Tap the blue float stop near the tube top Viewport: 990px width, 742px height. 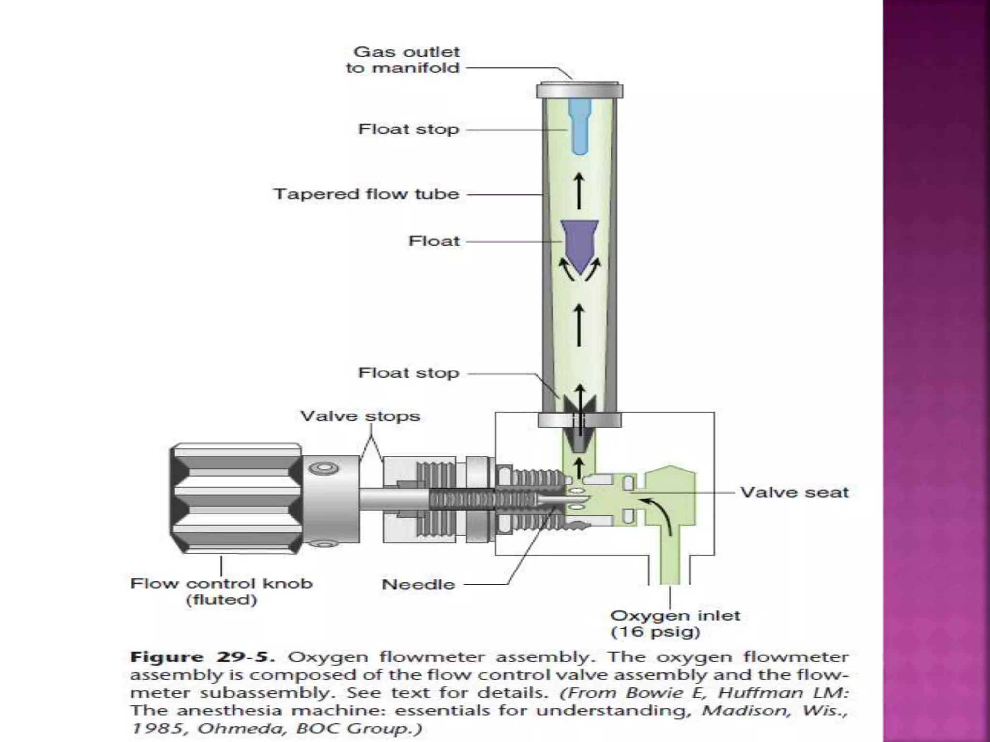[x=579, y=127]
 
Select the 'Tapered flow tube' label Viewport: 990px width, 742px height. [x=366, y=194]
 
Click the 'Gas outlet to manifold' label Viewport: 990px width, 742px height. [x=402, y=60]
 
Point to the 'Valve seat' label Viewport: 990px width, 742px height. [x=794, y=492]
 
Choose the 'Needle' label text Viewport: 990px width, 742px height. [x=419, y=585]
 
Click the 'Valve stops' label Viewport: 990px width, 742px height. [x=360, y=416]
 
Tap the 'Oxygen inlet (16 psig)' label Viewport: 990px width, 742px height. [x=675, y=624]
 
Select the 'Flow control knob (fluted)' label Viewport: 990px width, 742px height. [x=221, y=591]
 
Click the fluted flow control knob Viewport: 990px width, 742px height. [x=236, y=498]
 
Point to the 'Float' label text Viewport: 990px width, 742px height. [x=434, y=241]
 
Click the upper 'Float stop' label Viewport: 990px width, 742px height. [x=408, y=129]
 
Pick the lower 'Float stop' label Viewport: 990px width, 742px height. [x=408, y=373]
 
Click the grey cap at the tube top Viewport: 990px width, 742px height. [x=579, y=90]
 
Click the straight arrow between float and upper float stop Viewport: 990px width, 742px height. [x=579, y=191]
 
